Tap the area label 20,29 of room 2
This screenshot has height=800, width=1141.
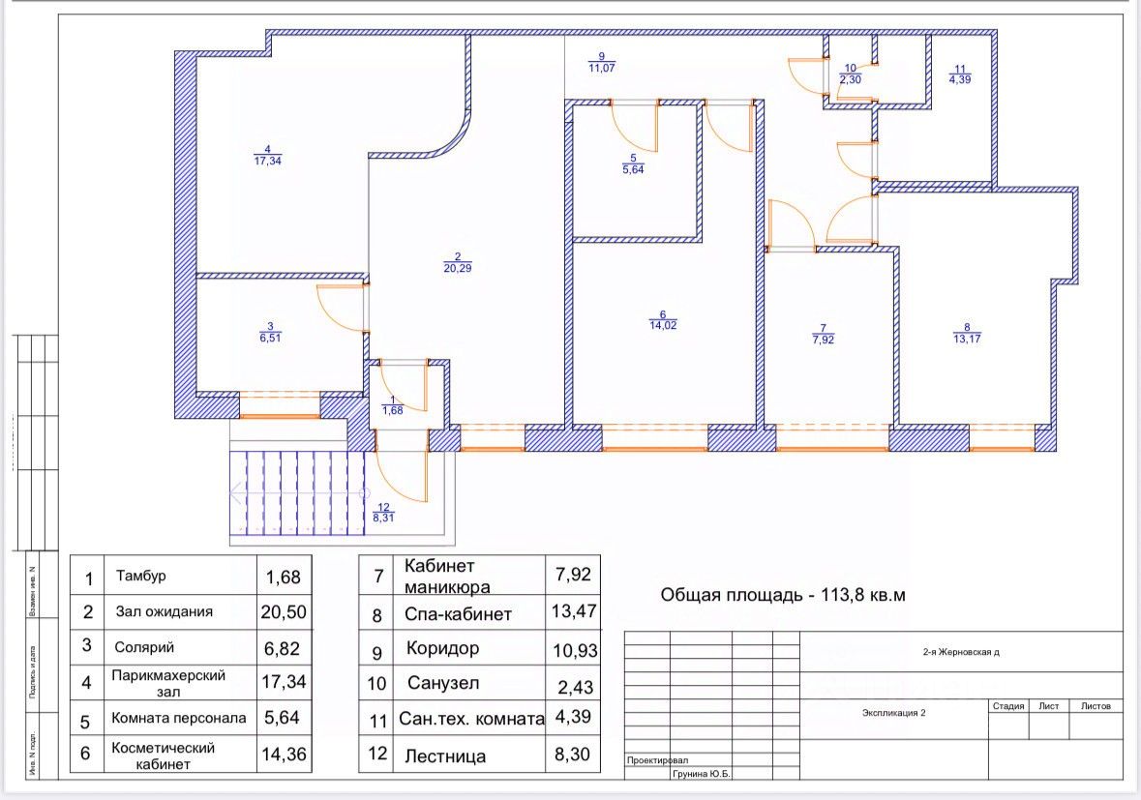pyautogui.click(x=457, y=268)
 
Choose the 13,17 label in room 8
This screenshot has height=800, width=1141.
pyautogui.click(x=967, y=339)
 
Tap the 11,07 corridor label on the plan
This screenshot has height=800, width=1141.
pyautogui.click(x=601, y=68)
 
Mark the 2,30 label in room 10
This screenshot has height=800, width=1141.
pyautogui.click(x=850, y=80)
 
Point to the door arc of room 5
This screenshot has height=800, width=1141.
pyautogui.click(x=634, y=127)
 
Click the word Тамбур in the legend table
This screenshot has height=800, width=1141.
pyautogui.click(x=141, y=577)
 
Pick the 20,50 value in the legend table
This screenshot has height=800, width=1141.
pyautogui.click(x=284, y=611)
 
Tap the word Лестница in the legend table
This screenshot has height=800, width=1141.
pyautogui.click(x=445, y=756)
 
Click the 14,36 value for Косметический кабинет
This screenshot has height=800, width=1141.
pyautogui.click(x=284, y=755)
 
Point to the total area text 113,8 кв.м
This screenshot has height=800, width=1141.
pyautogui.click(x=783, y=595)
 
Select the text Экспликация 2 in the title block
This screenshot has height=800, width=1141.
pyautogui.click(x=894, y=713)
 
